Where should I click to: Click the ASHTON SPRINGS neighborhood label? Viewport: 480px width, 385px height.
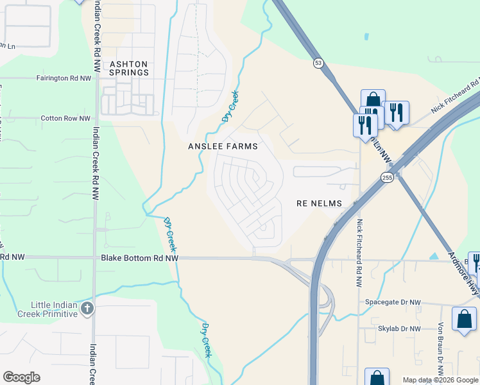pyautogui.click(x=129, y=68)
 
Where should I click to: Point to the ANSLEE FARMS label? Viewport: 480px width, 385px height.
pyautogui.click(x=223, y=146)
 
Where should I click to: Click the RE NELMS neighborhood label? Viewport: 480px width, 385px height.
pyautogui.click(x=319, y=203)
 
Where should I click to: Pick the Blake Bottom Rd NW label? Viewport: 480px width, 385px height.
pyautogui.click(x=139, y=257)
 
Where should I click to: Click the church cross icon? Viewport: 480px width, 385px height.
pyautogui.click(x=88, y=309)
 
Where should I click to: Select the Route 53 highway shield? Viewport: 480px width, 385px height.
pyautogui.click(x=318, y=63)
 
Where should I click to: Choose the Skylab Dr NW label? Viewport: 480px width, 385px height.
pyautogui.click(x=399, y=329)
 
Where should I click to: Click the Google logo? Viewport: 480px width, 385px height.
pyautogui.click(x=21, y=377)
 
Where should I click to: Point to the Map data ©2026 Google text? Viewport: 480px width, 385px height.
pyautogui.click(x=440, y=380)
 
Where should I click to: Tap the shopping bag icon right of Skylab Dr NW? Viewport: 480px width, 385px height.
pyautogui.click(x=464, y=319)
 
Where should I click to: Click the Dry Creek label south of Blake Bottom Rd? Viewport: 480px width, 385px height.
pyautogui.click(x=206, y=340)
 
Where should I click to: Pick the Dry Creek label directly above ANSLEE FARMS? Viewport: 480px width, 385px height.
pyautogui.click(x=230, y=107)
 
